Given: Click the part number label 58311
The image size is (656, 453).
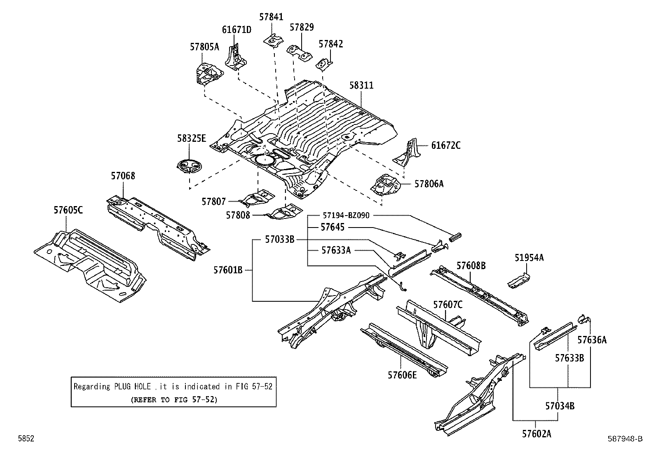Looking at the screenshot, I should pyautogui.click(x=361, y=85).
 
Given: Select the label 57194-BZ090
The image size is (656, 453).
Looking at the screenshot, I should pyautogui.click(x=346, y=215).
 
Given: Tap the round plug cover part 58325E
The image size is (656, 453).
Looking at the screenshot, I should pyautogui.click(x=190, y=166).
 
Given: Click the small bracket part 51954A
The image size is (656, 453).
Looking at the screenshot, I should pyautogui.click(x=518, y=280).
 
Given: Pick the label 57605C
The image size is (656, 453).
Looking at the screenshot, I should pyautogui.click(x=68, y=210).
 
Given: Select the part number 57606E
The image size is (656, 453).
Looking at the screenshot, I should pyautogui.click(x=402, y=375).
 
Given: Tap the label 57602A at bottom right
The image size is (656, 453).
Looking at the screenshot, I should pyautogui.click(x=536, y=434).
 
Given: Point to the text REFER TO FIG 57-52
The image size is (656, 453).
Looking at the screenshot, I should pyautogui.click(x=173, y=399).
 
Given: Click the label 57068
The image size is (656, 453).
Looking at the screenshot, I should pyautogui.click(x=123, y=176).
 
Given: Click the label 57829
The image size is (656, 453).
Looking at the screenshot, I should pyautogui.click(x=302, y=28).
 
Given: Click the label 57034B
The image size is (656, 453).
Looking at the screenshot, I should pyautogui.click(x=560, y=406).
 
